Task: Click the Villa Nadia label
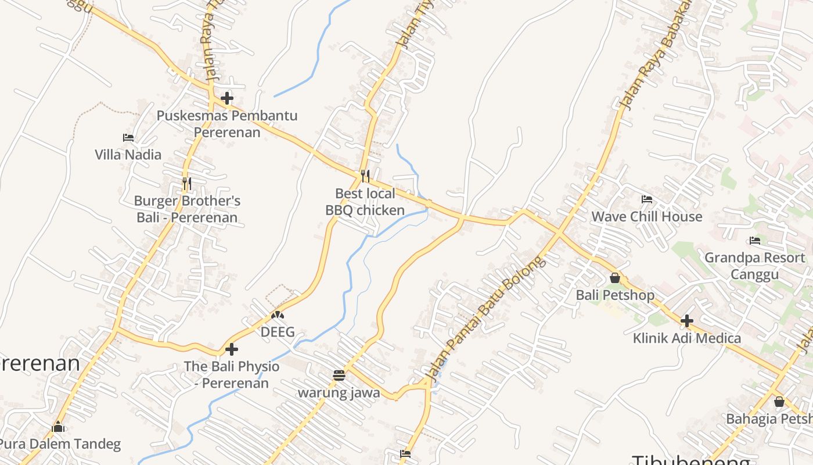[128, 155]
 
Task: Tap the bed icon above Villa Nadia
[128, 138]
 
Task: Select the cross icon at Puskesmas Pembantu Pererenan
[227, 98]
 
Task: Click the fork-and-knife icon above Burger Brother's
[186, 184]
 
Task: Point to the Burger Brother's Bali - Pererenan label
[187, 209]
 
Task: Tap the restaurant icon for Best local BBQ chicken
[365, 176]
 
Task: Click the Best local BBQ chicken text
[365, 202]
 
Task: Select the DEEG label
[278, 332]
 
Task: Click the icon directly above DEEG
[278, 316]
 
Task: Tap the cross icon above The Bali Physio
[232, 349]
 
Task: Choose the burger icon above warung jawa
[339, 375]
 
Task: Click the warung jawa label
[339, 393]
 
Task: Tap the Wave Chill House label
[646, 217]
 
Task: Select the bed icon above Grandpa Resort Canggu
[755, 240]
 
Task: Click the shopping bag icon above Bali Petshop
[615, 278]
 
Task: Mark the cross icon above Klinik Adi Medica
[687, 321]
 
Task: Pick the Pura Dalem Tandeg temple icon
[58, 427]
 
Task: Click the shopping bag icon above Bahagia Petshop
[779, 402]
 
